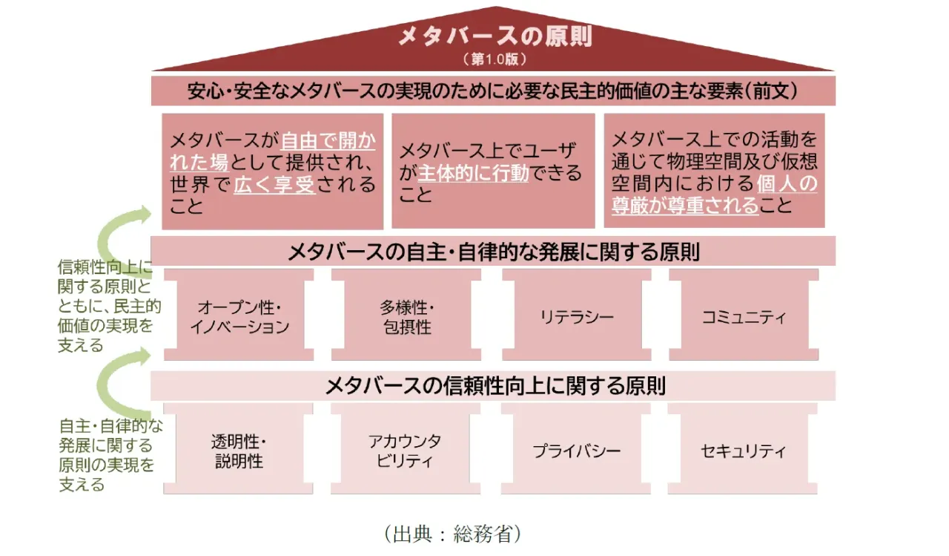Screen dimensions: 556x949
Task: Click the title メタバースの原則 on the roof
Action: (x=495, y=36)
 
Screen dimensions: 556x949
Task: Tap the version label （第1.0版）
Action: (x=495, y=59)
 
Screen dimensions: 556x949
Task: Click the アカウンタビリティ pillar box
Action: (x=405, y=451)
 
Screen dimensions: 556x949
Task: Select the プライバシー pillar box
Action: (x=577, y=451)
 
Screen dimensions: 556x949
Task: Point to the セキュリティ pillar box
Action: (x=743, y=451)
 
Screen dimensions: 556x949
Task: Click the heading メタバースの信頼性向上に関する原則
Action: (x=495, y=386)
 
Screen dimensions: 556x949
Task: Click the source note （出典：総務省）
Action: (x=453, y=534)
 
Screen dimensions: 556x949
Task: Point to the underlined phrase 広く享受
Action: (x=275, y=185)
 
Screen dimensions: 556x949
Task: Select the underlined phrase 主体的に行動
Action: (x=473, y=173)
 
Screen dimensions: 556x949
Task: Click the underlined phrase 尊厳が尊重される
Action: (x=685, y=206)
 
